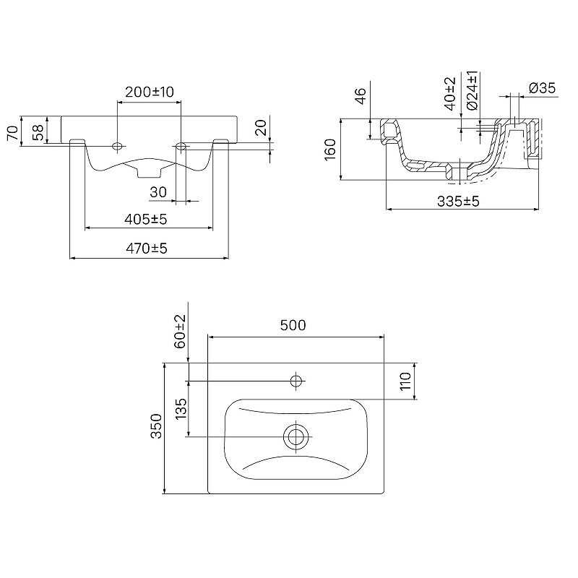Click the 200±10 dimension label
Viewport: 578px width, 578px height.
[150, 92]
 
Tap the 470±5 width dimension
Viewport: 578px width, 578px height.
[147, 249]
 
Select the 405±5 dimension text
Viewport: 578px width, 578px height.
[146, 220]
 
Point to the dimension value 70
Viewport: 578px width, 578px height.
[12, 133]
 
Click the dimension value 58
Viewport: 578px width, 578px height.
[38, 132]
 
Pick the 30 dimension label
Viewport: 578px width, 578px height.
[158, 192]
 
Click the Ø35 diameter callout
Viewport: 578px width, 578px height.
[542, 88]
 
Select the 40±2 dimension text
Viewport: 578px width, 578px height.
[450, 94]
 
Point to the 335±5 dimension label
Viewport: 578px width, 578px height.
[458, 202]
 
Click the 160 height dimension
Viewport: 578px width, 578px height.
[330, 150]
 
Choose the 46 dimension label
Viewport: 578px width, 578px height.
[361, 96]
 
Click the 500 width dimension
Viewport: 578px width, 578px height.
[293, 325]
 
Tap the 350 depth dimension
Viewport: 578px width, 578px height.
[156, 426]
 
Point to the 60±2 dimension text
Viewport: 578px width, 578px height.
[180, 332]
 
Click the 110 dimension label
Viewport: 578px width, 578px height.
[405, 381]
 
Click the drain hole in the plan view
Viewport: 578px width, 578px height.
[296, 437]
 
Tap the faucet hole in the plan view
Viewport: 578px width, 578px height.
[296, 381]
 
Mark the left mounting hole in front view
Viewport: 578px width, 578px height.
[117, 147]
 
